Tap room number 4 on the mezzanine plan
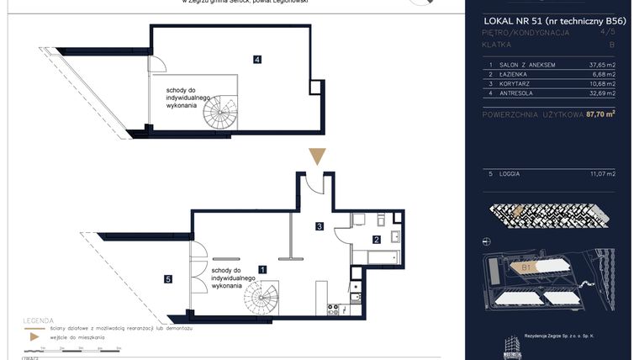256,59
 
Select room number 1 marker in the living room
263,270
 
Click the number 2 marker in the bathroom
376,239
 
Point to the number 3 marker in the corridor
319,226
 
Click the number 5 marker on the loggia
168,279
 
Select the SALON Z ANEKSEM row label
525,64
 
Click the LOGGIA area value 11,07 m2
603,173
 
